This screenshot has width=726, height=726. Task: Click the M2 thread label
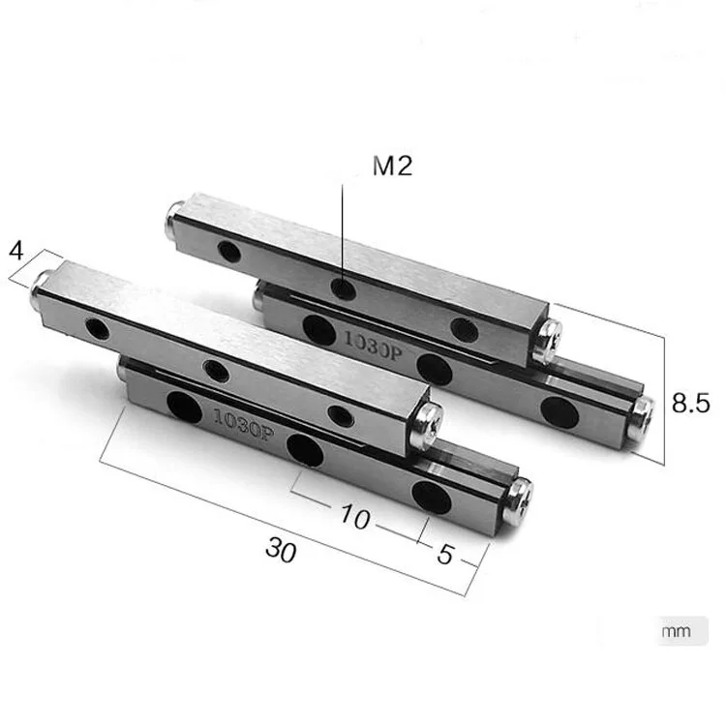(392, 166)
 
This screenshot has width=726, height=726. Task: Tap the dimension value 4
(15, 250)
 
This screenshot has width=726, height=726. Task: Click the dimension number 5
(444, 555)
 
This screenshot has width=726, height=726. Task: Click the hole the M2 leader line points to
(343, 287)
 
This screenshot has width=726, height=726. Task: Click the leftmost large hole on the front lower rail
(184, 406)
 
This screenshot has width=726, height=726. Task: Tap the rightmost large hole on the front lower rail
(429, 496)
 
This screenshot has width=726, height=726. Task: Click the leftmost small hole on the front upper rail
(98, 327)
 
